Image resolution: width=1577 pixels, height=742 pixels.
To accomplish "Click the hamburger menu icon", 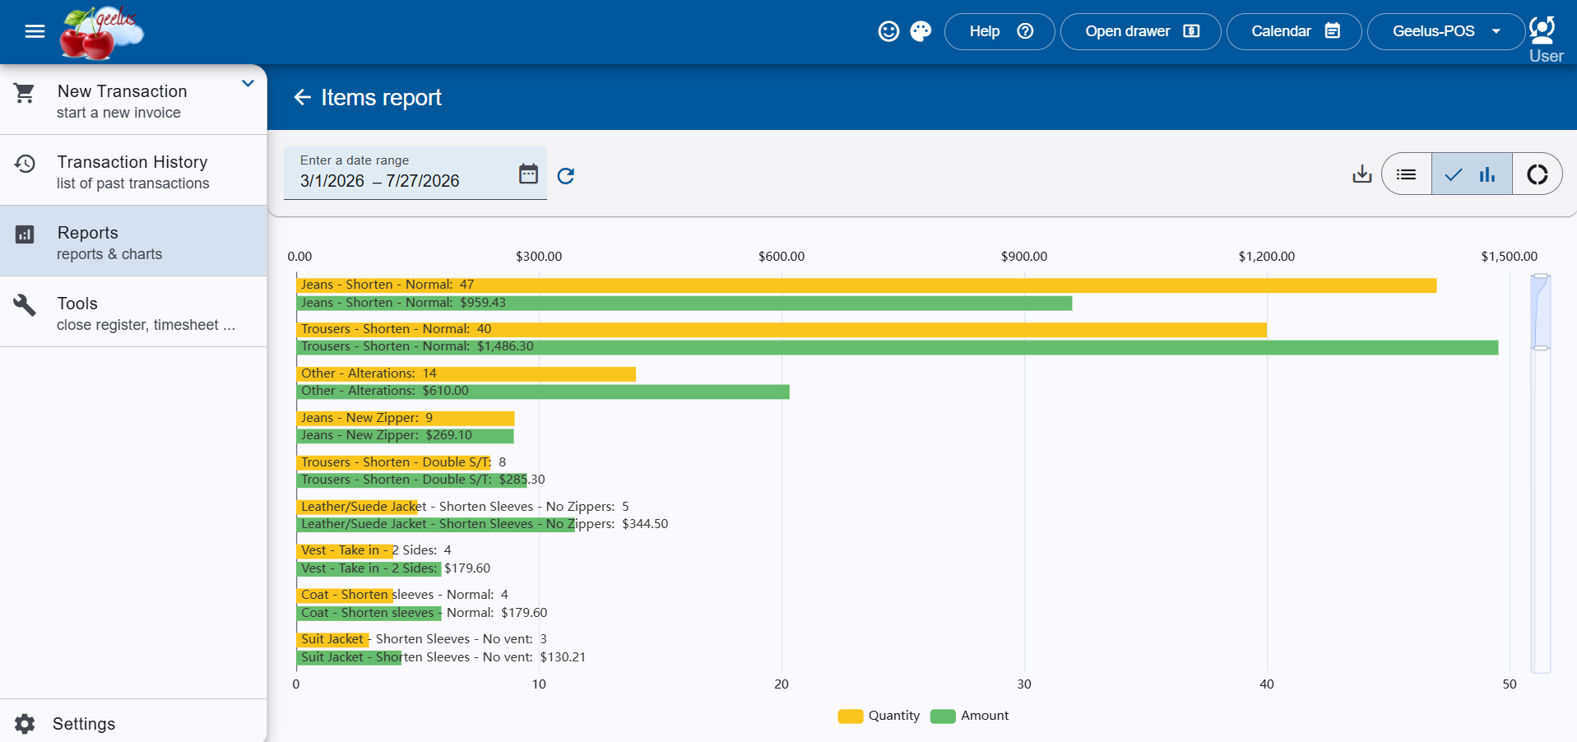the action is point(35,31).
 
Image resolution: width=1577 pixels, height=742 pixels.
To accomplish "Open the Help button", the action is point(1000,31).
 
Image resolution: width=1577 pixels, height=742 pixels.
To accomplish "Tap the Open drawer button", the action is point(1140,31).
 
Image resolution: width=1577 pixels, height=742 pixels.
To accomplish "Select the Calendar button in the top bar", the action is point(1294,31).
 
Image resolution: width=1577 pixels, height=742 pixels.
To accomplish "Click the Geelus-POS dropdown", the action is point(1445,31).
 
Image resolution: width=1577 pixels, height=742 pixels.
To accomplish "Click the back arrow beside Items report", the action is point(303,97).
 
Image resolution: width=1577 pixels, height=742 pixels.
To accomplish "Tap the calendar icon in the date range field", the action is point(528,174).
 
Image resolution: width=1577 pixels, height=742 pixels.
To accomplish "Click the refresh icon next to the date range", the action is point(566,175).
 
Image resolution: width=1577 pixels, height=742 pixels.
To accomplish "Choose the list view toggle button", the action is point(1407,174).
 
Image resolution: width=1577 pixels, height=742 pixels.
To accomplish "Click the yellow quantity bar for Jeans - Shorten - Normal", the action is point(866,285).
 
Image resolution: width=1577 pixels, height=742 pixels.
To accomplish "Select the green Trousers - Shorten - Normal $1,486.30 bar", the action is point(897,347).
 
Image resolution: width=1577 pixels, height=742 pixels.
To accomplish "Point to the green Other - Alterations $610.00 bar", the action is point(543,392).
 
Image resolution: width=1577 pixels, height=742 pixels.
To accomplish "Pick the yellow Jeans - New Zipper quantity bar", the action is point(406,418).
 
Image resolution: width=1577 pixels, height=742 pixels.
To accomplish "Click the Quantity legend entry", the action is point(879,716).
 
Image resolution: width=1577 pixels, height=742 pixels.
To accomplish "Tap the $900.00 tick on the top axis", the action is point(1024,256).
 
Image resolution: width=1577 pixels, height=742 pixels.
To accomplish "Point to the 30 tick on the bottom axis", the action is point(1024,684).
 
